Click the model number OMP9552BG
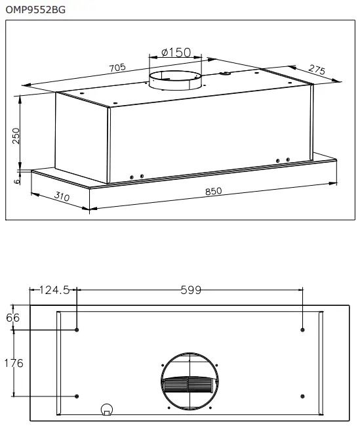click(x=35, y=10)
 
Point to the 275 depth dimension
click(x=317, y=70)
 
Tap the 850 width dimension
click(x=214, y=192)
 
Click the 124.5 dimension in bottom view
click(x=55, y=290)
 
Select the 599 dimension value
click(x=190, y=290)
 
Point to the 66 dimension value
click(x=13, y=318)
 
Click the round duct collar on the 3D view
click(x=174, y=82)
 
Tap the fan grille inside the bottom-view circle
click(x=188, y=385)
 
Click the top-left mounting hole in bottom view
click(x=77, y=330)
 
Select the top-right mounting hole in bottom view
click(x=302, y=330)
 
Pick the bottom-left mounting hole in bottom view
click(x=77, y=396)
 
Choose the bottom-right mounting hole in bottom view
click(x=302, y=396)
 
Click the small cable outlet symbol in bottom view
click(x=106, y=410)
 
